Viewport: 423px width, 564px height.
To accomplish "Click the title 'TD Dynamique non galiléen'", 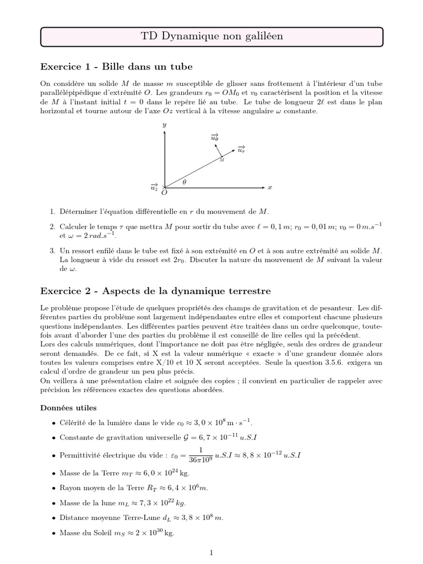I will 211,36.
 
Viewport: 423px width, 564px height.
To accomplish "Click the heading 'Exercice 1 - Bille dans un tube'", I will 116,67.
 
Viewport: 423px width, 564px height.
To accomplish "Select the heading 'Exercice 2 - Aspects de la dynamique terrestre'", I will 156,290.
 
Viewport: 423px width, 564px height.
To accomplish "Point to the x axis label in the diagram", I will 270,187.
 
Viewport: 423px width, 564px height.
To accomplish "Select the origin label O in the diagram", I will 164,193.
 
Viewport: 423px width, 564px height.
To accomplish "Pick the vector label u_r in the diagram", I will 241,149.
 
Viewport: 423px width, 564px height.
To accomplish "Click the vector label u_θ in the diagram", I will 214,138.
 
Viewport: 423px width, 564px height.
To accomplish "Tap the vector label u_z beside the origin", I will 154,187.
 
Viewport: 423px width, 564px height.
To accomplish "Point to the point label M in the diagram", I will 221,160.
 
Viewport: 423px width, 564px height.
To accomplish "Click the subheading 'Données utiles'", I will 68,408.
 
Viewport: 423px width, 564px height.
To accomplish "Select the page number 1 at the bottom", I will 211,551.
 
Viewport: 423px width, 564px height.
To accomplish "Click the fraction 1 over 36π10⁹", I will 197,455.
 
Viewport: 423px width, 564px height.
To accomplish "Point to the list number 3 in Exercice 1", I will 52,251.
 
